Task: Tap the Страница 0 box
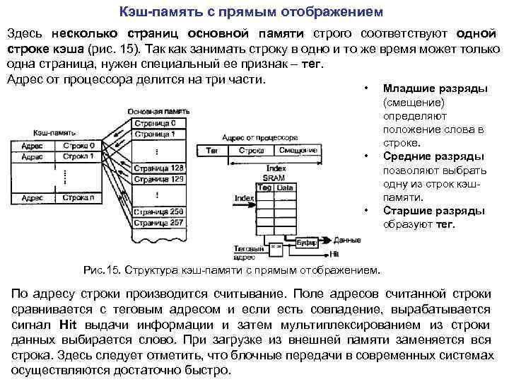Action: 157,123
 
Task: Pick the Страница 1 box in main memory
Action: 157,133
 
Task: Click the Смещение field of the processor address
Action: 278,151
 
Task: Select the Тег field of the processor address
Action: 211,151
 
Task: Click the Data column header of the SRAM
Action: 285,187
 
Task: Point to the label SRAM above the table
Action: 274,178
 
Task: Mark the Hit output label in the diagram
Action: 335,253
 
